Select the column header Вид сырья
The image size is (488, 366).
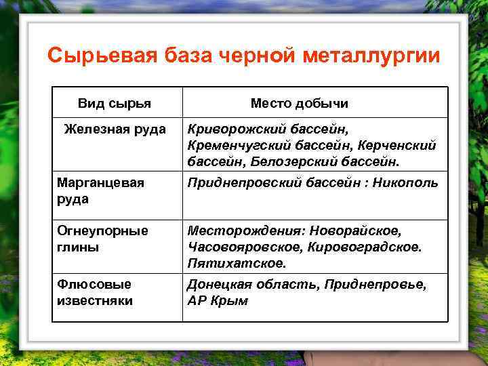[x=115, y=104]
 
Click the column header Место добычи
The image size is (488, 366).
[x=299, y=104]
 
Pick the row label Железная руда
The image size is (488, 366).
[x=115, y=129]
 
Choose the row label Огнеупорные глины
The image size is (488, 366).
[x=102, y=239]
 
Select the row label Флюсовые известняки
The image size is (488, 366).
[x=96, y=292]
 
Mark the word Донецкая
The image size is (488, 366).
[x=221, y=285]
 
